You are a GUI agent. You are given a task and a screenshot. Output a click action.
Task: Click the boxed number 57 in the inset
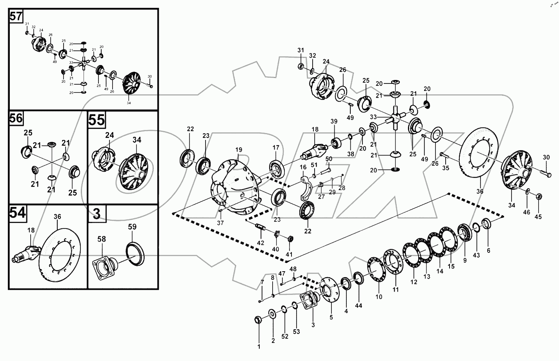16,16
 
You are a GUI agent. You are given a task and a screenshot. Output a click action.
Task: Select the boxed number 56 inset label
16,118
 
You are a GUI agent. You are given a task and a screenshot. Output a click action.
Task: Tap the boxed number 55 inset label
97,120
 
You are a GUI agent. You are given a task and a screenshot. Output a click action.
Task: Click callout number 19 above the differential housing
239,150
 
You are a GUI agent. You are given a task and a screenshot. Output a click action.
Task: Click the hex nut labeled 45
539,196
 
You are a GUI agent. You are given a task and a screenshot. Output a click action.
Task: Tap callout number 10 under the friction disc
379,297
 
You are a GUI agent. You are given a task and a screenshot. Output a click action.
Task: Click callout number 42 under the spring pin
260,243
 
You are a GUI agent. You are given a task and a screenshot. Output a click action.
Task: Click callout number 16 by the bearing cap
303,167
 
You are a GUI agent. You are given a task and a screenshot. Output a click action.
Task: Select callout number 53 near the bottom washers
296,332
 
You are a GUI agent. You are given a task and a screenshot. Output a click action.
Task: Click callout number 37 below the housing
220,223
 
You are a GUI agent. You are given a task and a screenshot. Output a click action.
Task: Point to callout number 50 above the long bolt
328,158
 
